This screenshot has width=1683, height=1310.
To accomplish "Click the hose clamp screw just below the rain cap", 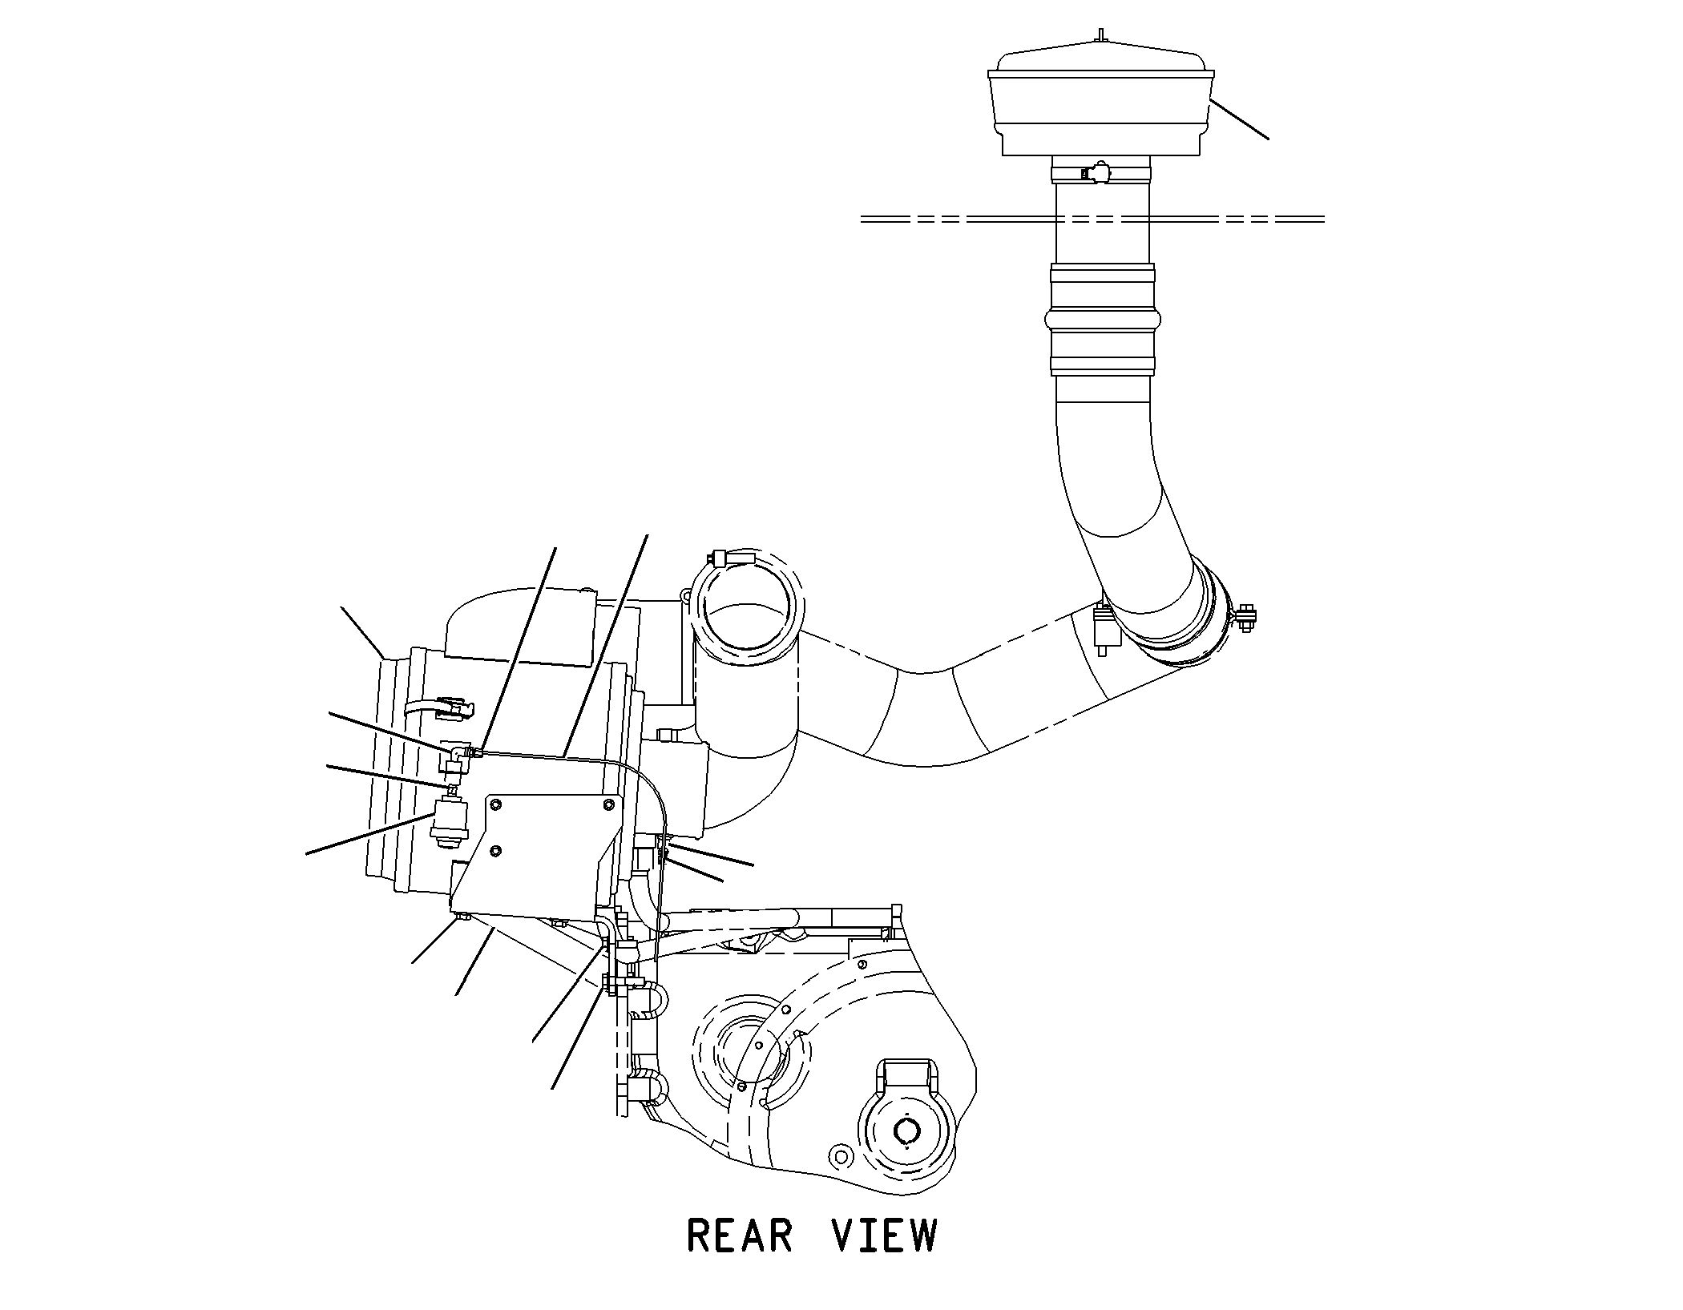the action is pos(1095,172).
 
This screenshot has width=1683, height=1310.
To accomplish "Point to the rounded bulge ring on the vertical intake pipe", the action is pos(1103,319).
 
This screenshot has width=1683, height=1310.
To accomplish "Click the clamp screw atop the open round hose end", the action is pos(729,558).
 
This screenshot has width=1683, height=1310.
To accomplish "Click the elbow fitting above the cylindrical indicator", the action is pos(459,754).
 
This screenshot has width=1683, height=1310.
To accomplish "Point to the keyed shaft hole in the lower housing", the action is pos(908,1131).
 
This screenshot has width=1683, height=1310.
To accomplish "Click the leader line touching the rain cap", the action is pos(1239,119).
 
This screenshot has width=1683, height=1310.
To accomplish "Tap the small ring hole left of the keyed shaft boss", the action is pos(839,1156).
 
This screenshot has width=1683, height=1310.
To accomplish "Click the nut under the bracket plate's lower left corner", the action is pos(462,917).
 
